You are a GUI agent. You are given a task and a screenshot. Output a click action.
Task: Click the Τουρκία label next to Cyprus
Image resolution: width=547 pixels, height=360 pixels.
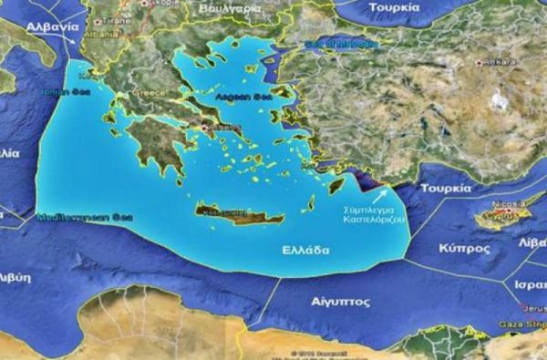tap(445, 189)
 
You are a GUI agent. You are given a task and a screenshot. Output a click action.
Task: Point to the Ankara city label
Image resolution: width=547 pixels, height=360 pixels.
tap(499, 63)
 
